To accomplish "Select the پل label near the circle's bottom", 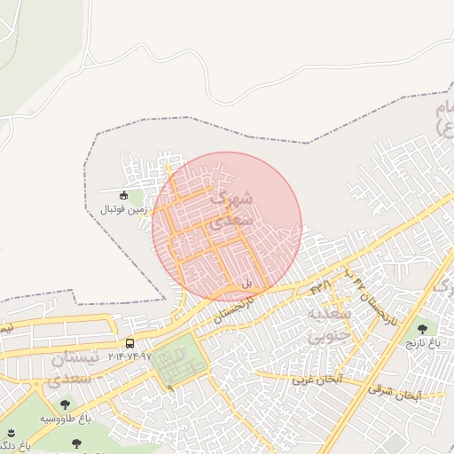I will (247, 283).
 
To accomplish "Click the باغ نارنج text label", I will (422, 341).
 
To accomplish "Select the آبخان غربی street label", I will (317, 380).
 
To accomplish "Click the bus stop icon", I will (130, 343).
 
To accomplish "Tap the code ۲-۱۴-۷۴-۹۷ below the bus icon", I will (130, 356).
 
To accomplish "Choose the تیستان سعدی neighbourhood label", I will (70, 368).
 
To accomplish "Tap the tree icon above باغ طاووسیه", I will (65, 404).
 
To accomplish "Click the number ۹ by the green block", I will (170, 387).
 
